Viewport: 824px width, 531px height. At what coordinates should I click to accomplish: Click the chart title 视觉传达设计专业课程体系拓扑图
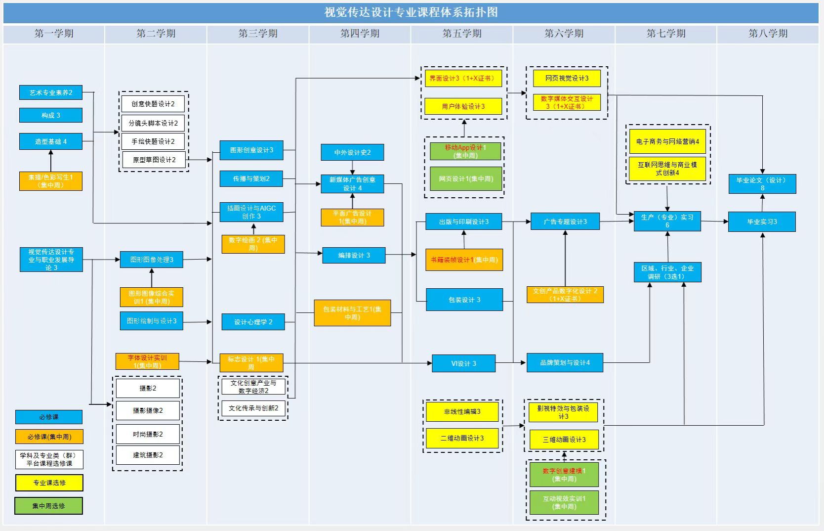pyautogui.click(x=411, y=12)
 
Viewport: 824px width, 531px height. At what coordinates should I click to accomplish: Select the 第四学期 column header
pyautogui.click(x=360, y=34)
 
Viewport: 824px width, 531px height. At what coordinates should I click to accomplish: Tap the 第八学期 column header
pyautogui.click(x=768, y=34)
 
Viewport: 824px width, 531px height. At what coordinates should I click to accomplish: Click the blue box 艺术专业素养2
pyautogui.click(x=50, y=92)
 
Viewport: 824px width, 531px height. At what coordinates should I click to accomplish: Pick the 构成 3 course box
pyautogui.click(x=50, y=115)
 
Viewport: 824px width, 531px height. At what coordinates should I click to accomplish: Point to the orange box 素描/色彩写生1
pyautogui.click(x=50, y=181)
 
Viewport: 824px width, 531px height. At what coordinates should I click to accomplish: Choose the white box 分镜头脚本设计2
pyautogui.click(x=153, y=123)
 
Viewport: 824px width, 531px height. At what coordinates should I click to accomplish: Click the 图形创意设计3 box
pyautogui.click(x=251, y=150)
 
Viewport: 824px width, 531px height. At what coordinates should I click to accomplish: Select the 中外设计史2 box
pyautogui.click(x=352, y=152)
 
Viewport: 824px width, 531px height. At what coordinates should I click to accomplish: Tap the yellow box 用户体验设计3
pyautogui.click(x=463, y=106)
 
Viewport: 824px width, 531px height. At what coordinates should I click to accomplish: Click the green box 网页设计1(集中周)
pyautogui.click(x=466, y=179)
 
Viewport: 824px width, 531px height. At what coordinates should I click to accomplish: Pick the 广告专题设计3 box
pyautogui.click(x=565, y=221)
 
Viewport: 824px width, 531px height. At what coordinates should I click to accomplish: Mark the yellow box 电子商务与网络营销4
pyautogui.click(x=667, y=141)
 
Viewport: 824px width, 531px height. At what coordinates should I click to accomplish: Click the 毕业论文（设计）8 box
pyautogui.click(x=762, y=184)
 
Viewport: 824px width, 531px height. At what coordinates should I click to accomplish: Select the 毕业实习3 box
pyautogui.click(x=762, y=222)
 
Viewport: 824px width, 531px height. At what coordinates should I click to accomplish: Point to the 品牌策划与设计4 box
pyautogui.click(x=565, y=363)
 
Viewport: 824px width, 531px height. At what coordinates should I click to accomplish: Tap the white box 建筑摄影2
pyautogui.click(x=148, y=455)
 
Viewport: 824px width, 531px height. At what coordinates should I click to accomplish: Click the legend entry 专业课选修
pyautogui.click(x=49, y=483)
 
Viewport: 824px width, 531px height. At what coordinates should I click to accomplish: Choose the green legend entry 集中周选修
pyautogui.click(x=48, y=506)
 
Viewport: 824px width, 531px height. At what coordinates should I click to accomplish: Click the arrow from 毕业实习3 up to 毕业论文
pyautogui.click(x=762, y=203)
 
